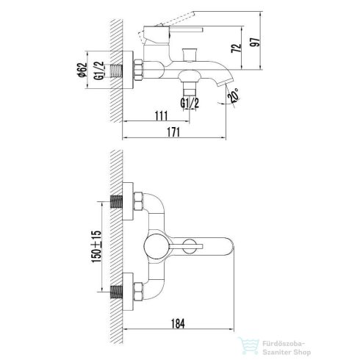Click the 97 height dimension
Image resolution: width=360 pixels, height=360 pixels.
[x=255, y=42]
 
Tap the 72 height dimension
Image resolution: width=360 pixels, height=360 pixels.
[x=236, y=48]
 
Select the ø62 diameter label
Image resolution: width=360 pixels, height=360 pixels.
[x=82, y=70]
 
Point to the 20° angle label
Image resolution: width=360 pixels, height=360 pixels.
[x=234, y=95]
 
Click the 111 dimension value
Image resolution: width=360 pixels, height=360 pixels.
[x=161, y=116]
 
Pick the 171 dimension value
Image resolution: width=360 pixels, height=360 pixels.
[x=173, y=132]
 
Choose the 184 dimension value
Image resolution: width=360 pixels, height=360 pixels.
[x=178, y=323]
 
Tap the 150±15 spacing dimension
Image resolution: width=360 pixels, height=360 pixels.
[x=96, y=247]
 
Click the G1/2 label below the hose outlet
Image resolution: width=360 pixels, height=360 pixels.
[x=190, y=103]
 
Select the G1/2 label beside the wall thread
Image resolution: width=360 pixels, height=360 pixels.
[x=99, y=71]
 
